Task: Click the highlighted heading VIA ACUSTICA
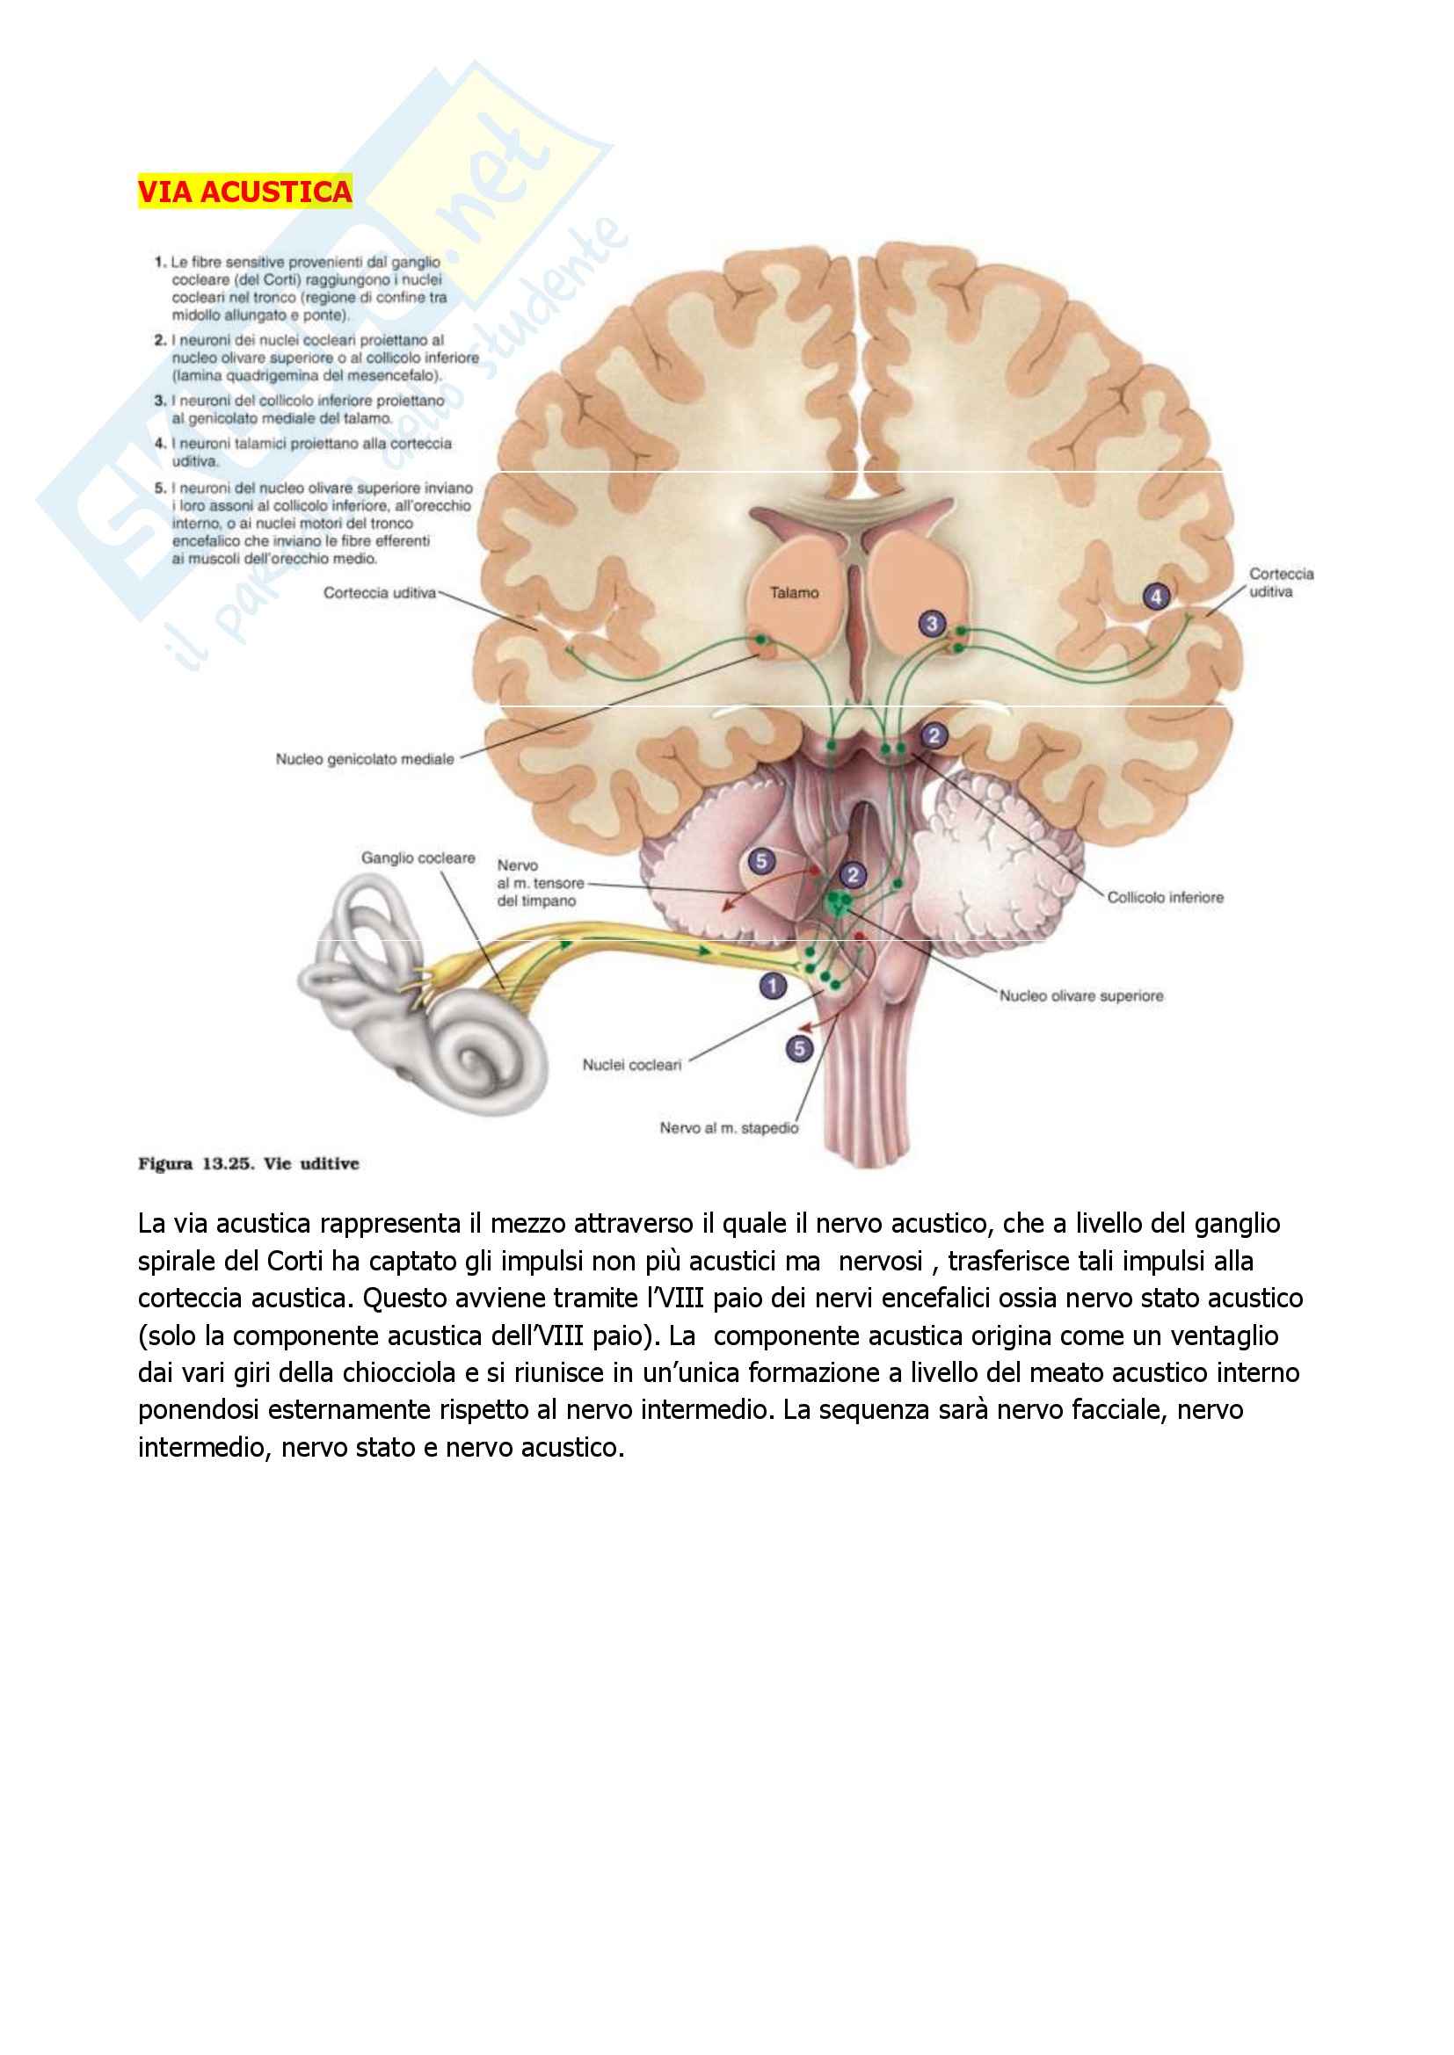[x=244, y=192]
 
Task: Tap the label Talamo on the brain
[x=793, y=592]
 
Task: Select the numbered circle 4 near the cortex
[x=1156, y=596]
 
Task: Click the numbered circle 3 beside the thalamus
[x=932, y=624]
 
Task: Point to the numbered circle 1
[x=773, y=987]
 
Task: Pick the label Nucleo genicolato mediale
[x=365, y=759]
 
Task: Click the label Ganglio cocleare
[x=418, y=858]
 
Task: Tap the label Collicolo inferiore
[x=1165, y=897]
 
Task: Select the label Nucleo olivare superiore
[x=1081, y=995]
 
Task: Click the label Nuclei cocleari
[x=632, y=1065]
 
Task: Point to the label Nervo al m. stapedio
[x=728, y=1128]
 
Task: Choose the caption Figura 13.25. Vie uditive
[x=248, y=1163]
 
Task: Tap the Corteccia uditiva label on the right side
[x=1281, y=582]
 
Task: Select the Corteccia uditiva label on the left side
[x=380, y=592]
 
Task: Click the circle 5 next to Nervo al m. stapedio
[x=799, y=1048]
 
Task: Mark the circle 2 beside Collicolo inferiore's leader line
[x=934, y=735]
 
